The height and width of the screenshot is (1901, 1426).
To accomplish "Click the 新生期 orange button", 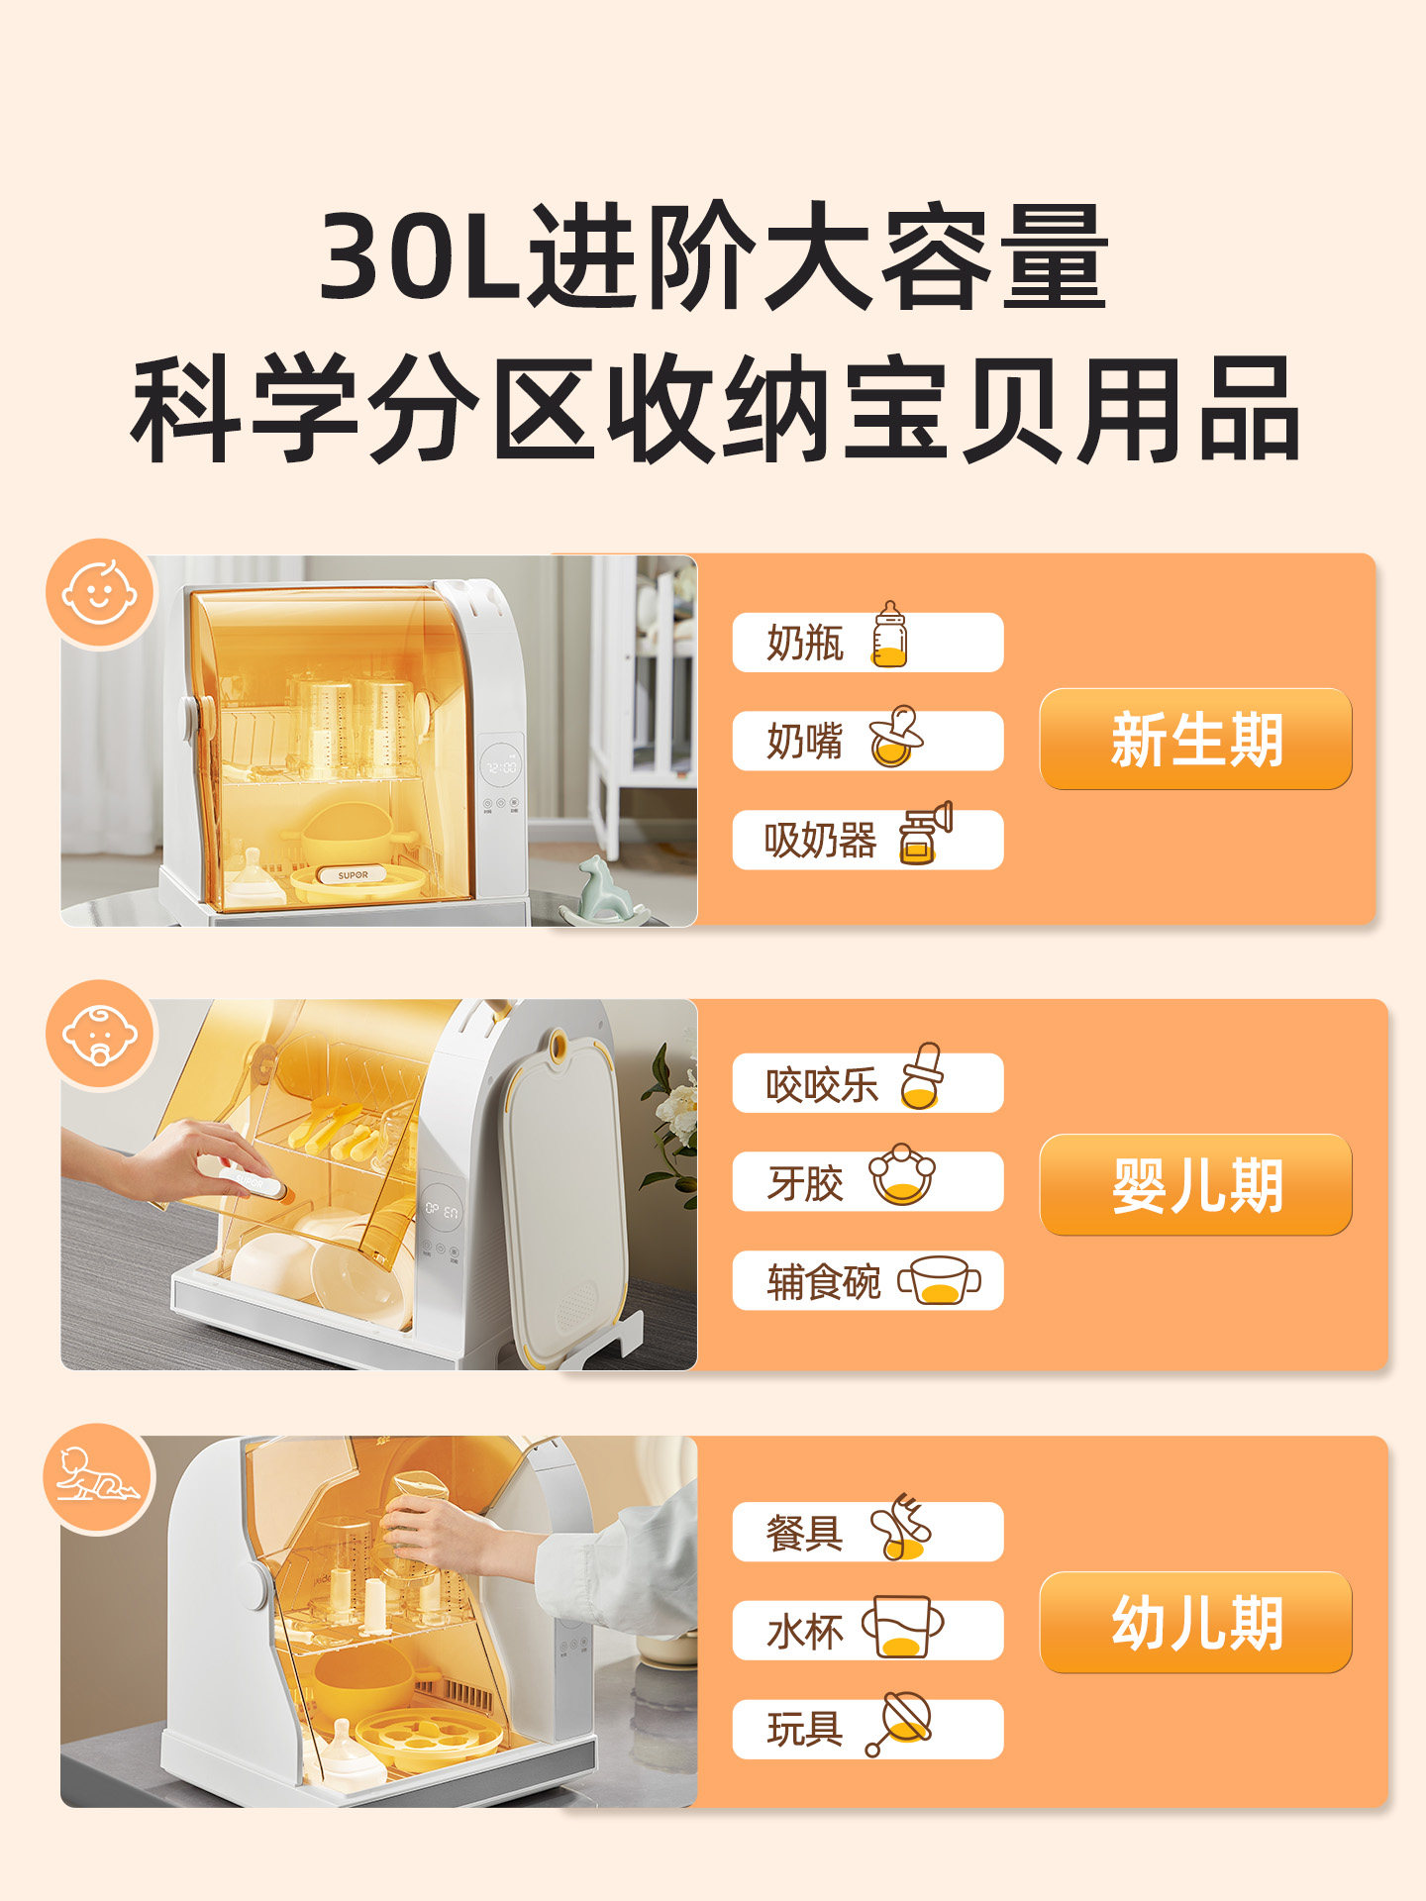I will click(1195, 739).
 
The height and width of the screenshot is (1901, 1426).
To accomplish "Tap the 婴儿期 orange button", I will click(1195, 1184).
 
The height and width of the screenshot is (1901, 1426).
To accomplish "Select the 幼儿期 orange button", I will click(1195, 1622).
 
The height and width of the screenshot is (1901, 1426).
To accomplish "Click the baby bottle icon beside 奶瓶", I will click(889, 635).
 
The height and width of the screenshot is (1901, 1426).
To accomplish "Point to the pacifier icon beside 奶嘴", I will click(895, 737).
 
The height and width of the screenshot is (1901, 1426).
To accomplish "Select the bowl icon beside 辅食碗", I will click(939, 1279).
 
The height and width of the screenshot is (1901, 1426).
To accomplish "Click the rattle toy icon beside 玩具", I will click(899, 1723).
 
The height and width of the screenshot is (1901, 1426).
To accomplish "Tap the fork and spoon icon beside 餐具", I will click(899, 1526).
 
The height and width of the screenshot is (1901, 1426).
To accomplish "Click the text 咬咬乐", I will click(821, 1085).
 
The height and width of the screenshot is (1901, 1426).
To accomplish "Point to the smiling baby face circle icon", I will click(99, 593).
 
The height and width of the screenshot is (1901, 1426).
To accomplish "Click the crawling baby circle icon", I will click(98, 1477).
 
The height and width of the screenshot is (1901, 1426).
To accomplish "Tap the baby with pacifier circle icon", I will click(99, 1035).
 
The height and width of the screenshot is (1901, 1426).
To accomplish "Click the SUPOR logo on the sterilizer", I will click(353, 875).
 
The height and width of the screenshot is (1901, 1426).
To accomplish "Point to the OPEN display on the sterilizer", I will click(442, 1210).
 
